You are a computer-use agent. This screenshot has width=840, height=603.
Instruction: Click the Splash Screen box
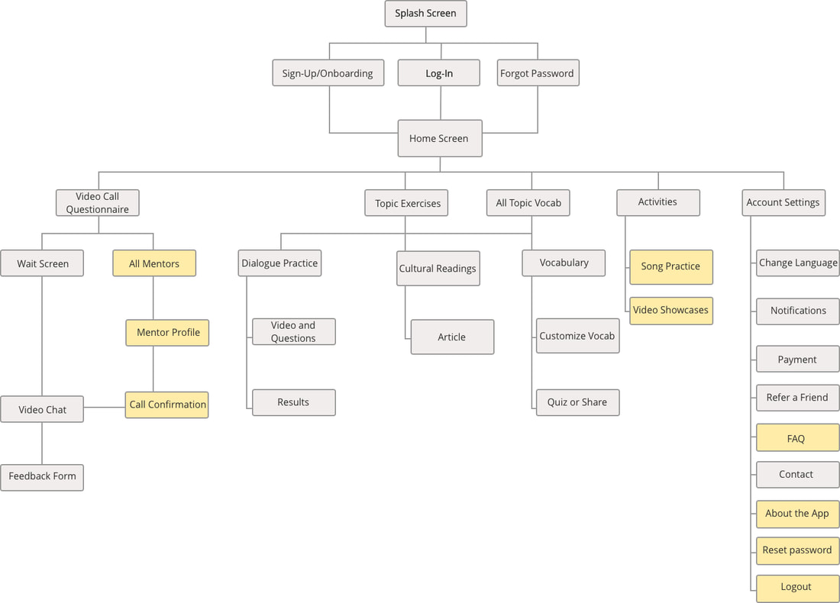click(x=425, y=14)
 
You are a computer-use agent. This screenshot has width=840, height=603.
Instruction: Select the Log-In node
click(x=439, y=73)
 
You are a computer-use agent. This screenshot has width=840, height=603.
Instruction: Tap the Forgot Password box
click(x=537, y=73)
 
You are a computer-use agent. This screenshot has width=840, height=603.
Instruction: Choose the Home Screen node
click(x=439, y=138)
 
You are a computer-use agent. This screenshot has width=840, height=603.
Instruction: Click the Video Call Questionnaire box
click(x=98, y=202)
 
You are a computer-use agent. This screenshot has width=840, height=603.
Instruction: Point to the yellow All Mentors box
click(x=154, y=263)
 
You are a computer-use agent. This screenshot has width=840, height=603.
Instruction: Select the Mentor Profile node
click(x=167, y=332)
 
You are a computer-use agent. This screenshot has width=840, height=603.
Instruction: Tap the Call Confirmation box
click(x=167, y=405)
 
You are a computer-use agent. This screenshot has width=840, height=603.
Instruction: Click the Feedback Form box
click(x=42, y=476)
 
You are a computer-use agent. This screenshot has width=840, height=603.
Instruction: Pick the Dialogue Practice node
click(x=279, y=263)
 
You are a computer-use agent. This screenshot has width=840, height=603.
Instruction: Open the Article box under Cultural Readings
click(x=452, y=337)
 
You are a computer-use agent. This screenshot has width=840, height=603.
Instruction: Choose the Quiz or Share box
click(x=577, y=402)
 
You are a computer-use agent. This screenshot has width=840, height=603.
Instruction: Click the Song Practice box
click(x=670, y=266)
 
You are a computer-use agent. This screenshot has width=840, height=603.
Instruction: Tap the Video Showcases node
click(x=670, y=311)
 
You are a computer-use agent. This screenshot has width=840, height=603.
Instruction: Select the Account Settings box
click(x=783, y=202)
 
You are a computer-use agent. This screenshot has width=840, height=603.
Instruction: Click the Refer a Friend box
click(x=797, y=398)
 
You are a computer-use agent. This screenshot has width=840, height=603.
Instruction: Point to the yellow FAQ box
click(x=797, y=439)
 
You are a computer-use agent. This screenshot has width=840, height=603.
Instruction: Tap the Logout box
click(x=797, y=587)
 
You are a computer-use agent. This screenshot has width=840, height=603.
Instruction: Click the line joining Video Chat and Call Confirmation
click(x=105, y=408)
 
